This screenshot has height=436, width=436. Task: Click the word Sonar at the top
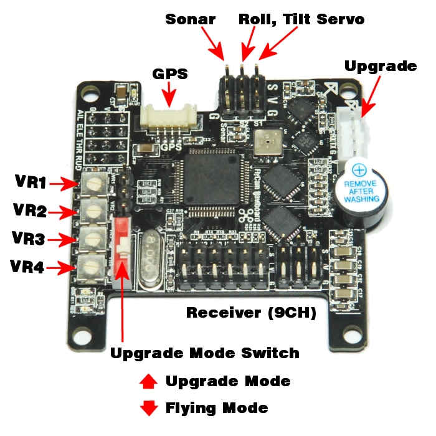191,19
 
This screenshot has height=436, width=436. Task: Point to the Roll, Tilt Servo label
301,19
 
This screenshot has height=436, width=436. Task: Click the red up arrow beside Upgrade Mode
149,381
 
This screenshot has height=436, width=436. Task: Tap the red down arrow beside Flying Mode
149,409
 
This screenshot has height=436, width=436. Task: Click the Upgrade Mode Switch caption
205,353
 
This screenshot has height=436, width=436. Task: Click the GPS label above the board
170,74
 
